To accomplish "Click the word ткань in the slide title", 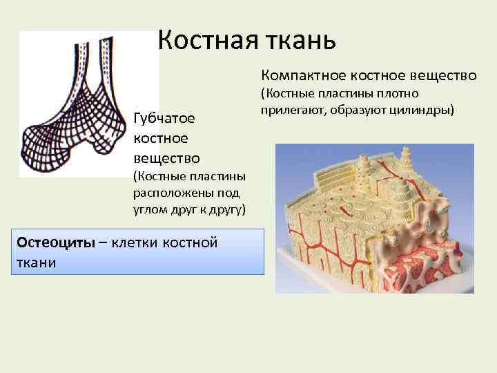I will [298, 40].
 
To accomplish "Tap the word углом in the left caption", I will [153, 209].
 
